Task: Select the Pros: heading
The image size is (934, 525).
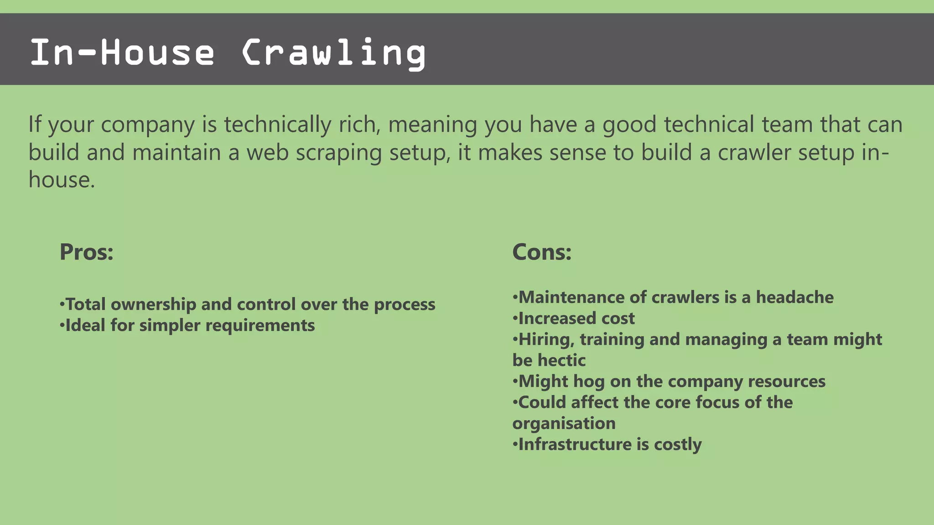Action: tap(87, 252)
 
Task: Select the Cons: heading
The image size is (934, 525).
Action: tap(542, 252)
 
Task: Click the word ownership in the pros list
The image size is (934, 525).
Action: tap(153, 304)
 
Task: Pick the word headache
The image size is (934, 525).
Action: tap(794, 297)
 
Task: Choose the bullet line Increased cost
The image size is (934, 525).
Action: tap(576, 318)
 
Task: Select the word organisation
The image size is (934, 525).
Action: tap(564, 423)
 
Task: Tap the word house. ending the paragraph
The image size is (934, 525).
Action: tap(62, 180)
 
